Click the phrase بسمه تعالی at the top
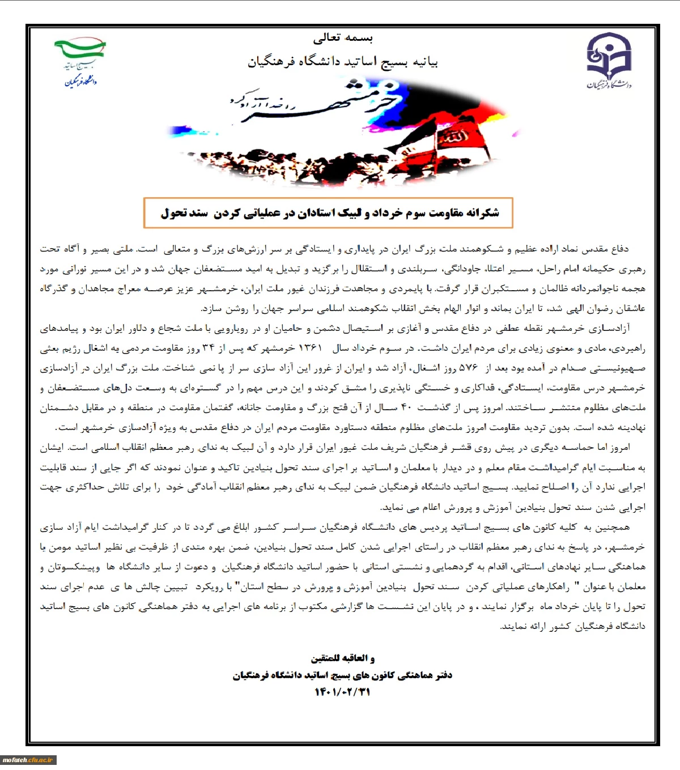coord(343,38)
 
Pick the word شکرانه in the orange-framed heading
coord(482,213)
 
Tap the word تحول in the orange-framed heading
coord(173,213)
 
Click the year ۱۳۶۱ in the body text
coord(310,348)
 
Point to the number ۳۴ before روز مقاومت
coord(208,348)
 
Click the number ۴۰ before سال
coord(406,407)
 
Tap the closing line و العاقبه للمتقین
coord(342,658)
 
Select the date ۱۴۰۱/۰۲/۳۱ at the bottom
coord(342,692)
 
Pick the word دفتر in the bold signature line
coord(443,675)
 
